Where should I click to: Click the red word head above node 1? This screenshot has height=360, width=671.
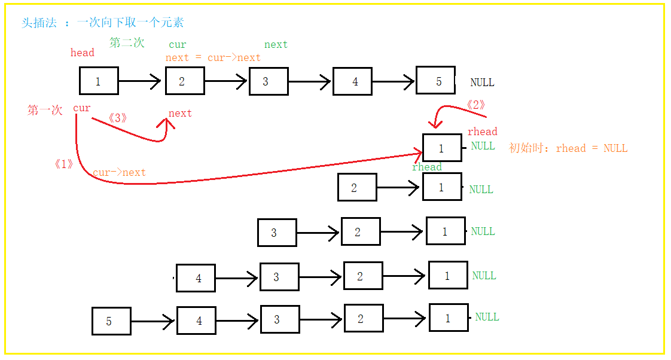click(x=82, y=53)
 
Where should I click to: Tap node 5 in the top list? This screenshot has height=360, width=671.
click(x=435, y=80)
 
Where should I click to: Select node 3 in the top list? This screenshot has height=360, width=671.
click(x=269, y=81)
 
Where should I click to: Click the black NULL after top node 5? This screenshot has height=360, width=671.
click(x=482, y=82)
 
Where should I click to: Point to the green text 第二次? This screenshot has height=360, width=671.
click(x=127, y=42)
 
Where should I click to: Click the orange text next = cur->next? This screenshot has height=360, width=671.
click(x=213, y=58)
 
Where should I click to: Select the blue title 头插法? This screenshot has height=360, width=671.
click(x=39, y=23)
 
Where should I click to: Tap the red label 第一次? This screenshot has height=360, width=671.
click(x=45, y=110)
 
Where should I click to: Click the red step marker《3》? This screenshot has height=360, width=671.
click(x=118, y=118)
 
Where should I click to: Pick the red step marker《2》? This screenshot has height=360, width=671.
click(x=475, y=105)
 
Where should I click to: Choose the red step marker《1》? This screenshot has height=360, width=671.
click(x=64, y=164)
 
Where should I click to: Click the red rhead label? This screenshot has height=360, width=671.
click(x=482, y=132)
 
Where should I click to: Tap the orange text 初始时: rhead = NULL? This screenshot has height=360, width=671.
click(x=568, y=148)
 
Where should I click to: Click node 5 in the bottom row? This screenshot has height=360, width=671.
click(x=111, y=321)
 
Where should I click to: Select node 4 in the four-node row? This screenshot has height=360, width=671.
click(x=196, y=278)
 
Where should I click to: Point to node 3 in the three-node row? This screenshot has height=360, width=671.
click(x=277, y=233)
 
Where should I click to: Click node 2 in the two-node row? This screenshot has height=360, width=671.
click(x=357, y=187)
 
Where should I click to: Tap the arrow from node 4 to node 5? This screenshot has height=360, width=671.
click(x=394, y=81)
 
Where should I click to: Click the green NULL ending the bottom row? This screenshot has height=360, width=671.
click(x=487, y=317)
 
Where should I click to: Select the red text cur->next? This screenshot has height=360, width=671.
click(x=119, y=172)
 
